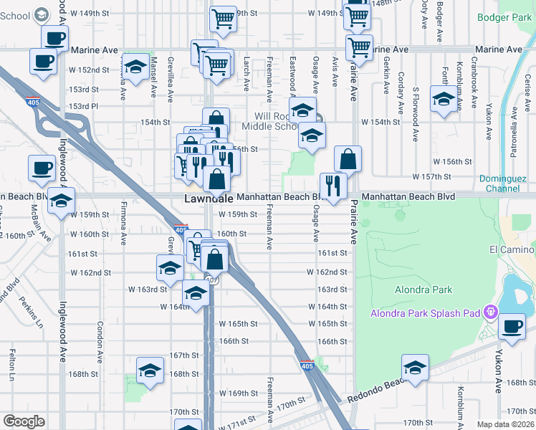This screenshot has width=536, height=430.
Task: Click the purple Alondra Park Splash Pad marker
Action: [x=490, y=313]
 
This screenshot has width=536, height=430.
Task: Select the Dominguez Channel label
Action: [x=512, y=183]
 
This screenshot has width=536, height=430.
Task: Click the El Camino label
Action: [x=512, y=249]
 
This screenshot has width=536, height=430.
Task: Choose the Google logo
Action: [x=24, y=421]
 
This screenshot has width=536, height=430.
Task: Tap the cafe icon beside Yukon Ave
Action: [x=512, y=327]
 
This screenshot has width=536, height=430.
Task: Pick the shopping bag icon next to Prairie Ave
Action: [x=348, y=159]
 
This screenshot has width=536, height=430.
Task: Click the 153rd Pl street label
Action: [x=83, y=106]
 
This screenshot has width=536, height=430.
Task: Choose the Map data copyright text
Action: [x=505, y=424]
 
